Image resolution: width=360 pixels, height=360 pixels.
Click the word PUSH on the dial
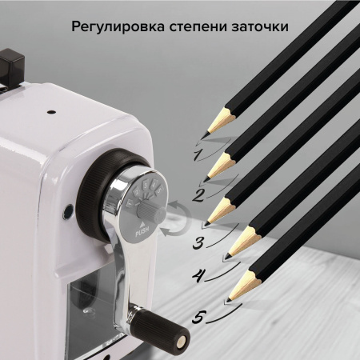[x=142, y=232]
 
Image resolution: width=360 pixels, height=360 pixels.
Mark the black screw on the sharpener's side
[x=70, y=214]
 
